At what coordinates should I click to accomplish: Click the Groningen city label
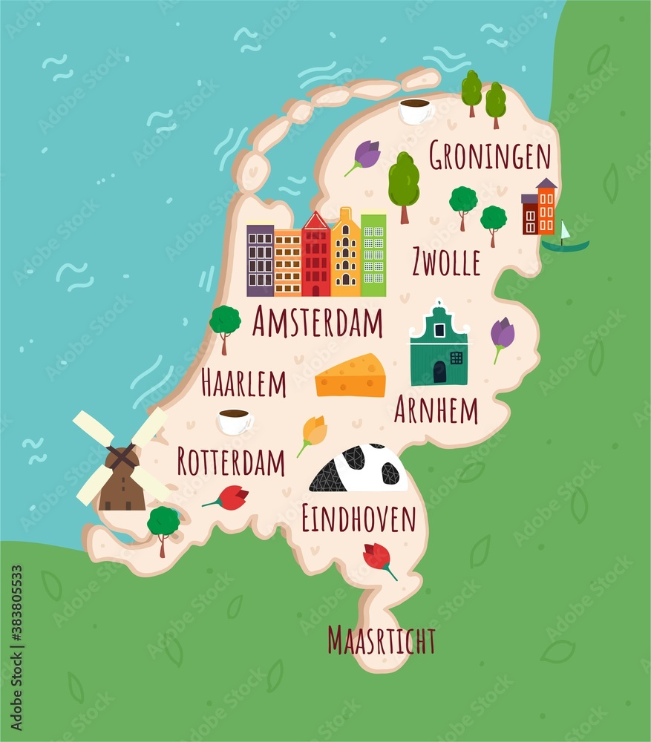click(490, 157)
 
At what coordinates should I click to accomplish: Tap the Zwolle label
click(445, 262)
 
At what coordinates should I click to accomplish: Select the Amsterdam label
click(317, 323)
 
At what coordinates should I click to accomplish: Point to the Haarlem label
click(243, 384)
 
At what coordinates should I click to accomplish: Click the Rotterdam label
click(231, 462)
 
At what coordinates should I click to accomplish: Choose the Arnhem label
click(436, 410)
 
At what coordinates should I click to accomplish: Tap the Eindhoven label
click(359, 519)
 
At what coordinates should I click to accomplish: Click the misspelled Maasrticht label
click(382, 640)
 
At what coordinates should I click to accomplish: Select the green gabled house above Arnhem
click(439, 347)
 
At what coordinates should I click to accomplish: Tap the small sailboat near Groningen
click(565, 239)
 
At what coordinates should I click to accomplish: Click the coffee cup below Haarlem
click(235, 421)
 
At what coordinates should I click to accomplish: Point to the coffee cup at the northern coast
click(414, 111)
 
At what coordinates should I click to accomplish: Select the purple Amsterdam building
click(260, 260)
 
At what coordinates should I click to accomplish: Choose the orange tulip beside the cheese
click(313, 433)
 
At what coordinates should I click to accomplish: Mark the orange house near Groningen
click(546, 207)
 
